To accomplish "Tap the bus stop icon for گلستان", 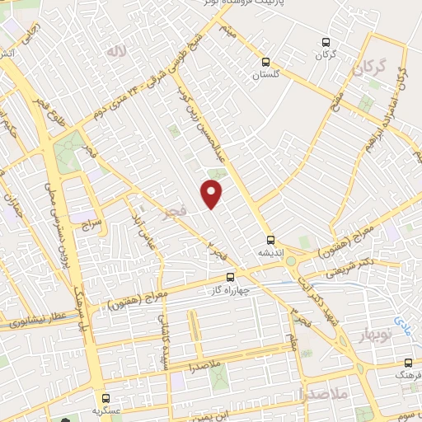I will (x=265, y=62).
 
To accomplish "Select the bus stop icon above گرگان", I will (x=326, y=42).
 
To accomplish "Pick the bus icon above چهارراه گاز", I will (x=230, y=277).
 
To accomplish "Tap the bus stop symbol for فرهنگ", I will (x=408, y=363).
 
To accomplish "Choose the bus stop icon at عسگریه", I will (x=105, y=398).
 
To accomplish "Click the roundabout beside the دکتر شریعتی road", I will (x=290, y=262).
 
